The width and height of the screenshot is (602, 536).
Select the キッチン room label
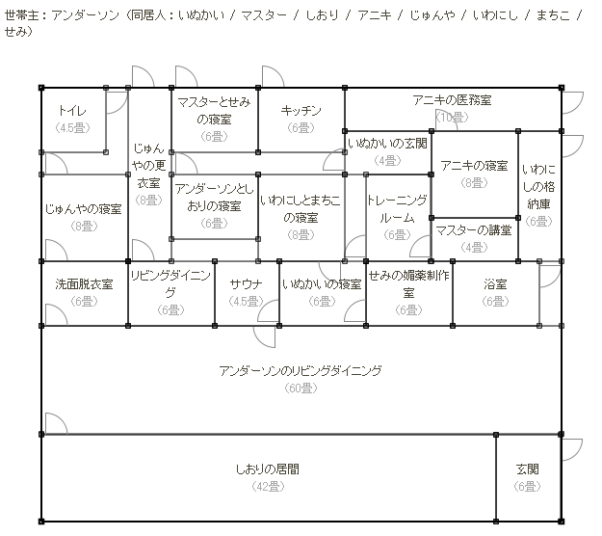[x=301, y=111]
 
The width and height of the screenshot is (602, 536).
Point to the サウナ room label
[x=246, y=285]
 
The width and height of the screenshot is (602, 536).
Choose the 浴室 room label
[x=495, y=285]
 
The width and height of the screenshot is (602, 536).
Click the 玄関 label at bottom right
[x=527, y=470]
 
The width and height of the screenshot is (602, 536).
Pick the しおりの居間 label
[x=267, y=470]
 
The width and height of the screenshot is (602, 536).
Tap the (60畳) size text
[x=301, y=388]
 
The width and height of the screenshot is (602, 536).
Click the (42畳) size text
[x=267, y=487]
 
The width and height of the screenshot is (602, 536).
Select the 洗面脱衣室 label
[x=84, y=285]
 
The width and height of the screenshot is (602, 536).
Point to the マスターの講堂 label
[x=473, y=230]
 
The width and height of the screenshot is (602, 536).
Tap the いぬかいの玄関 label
[x=387, y=144]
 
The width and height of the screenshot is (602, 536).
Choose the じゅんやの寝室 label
[x=84, y=209]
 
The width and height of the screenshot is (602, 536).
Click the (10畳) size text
[x=452, y=117]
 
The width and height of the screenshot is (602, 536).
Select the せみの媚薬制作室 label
[x=408, y=284]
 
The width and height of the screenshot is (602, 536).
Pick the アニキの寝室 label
[x=474, y=166]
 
